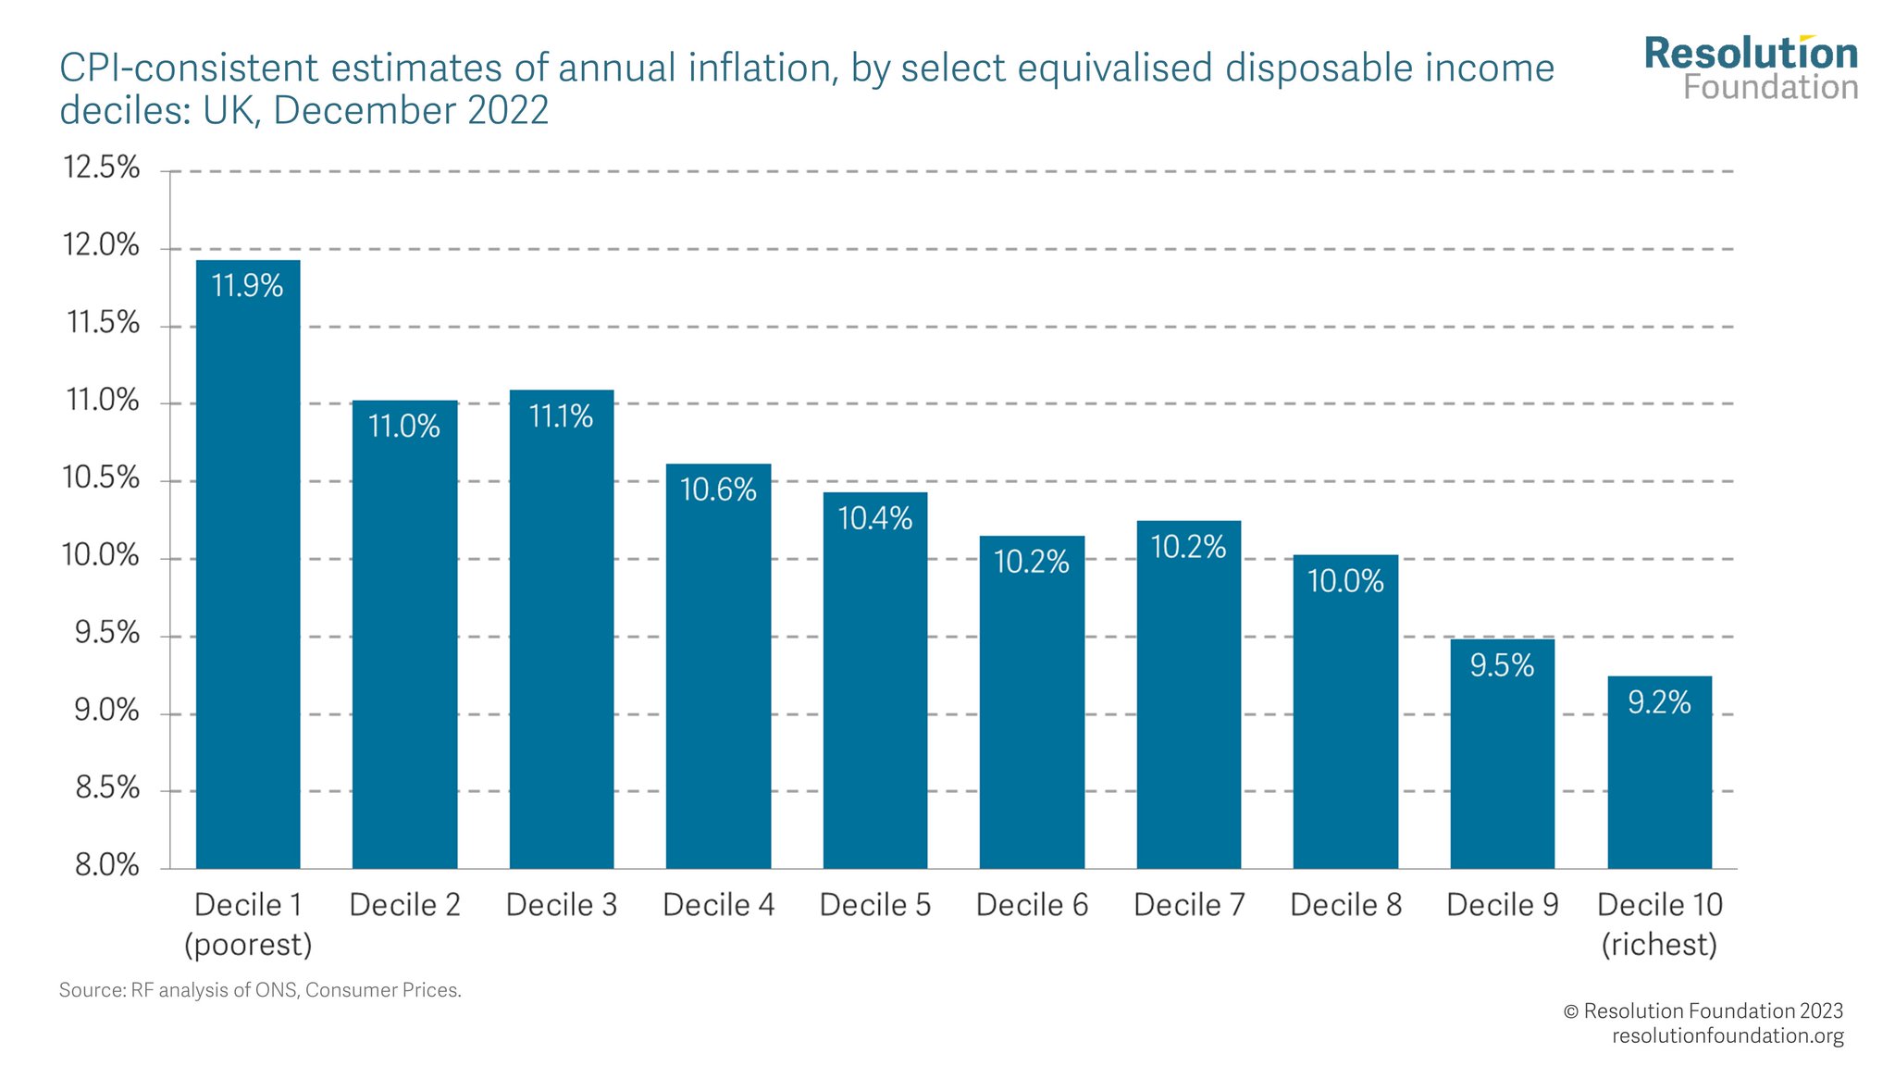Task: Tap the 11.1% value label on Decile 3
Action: [561, 416]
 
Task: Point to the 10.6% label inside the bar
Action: [718, 490]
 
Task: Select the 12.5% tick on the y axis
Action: [101, 167]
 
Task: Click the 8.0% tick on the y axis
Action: [106, 865]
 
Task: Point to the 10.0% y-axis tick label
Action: [101, 555]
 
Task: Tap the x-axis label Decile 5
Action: [875, 904]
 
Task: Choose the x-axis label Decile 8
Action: [1345, 904]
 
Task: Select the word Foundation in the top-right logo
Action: [1770, 88]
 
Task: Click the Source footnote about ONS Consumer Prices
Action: [260, 990]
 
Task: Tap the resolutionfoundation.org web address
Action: [1727, 1035]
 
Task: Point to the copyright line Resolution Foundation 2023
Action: [1703, 1010]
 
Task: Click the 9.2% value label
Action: [1659, 702]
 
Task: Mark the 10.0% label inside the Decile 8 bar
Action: [1345, 581]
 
